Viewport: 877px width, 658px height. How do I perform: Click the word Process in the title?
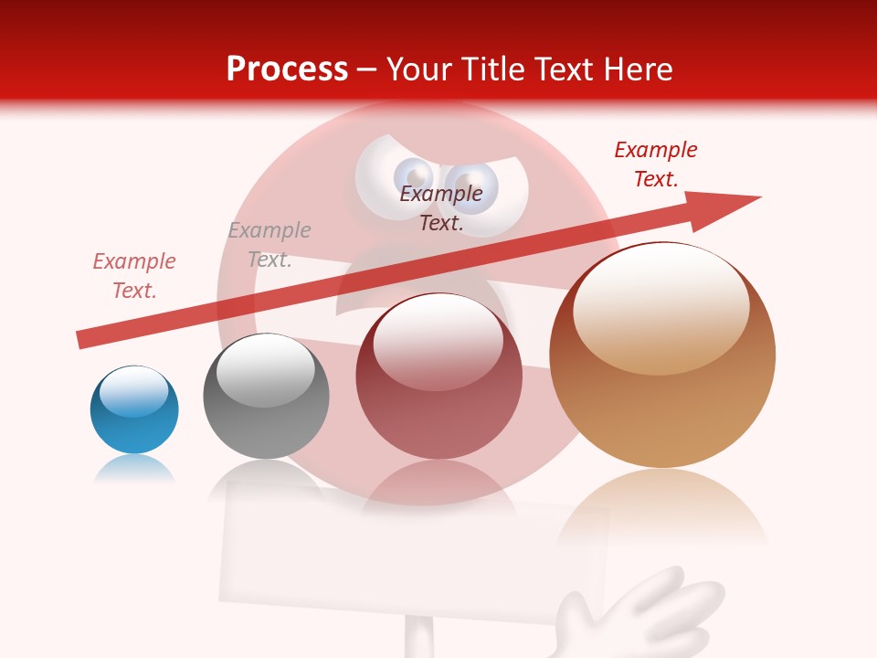click(287, 69)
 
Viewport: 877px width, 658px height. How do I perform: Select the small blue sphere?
click(134, 409)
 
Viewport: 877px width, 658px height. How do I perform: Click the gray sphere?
click(266, 396)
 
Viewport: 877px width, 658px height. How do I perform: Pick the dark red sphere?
click(438, 377)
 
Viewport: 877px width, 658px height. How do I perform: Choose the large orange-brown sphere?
click(662, 355)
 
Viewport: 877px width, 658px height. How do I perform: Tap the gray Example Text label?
click(269, 245)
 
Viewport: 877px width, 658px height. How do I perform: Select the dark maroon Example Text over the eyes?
click(441, 207)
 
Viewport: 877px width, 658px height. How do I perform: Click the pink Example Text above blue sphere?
click(134, 276)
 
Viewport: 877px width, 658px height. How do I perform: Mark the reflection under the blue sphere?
click(134, 469)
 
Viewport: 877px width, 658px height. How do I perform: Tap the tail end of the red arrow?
click(82, 340)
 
